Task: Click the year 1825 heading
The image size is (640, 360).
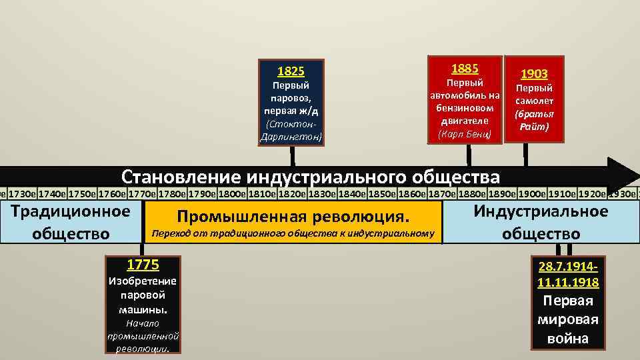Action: point(291,71)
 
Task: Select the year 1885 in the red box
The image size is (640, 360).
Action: point(465,69)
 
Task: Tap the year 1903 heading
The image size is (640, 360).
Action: point(534,73)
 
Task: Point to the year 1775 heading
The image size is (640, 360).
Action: point(143,265)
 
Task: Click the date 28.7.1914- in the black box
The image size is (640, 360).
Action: point(567,267)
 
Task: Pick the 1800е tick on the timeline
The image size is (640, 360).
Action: point(231,194)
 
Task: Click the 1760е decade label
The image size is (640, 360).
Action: point(111,194)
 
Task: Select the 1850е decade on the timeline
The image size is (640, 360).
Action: point(381,194)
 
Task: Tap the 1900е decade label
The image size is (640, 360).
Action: point(531,194)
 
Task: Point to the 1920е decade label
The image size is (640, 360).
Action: point(591,194)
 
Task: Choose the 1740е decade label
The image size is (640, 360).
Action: point(52,194)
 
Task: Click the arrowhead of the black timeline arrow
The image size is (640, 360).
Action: point(623,175)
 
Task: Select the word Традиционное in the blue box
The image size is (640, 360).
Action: point(71,212)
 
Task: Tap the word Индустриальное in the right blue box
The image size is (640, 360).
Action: point(541,212)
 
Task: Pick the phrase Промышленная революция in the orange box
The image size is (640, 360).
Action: point(291,217)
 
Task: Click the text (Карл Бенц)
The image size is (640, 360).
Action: point(465,134)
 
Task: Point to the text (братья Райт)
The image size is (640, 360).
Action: point(534,120)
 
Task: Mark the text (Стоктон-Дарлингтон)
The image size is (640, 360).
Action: point(291,131)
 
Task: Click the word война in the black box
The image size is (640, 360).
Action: point(567,338)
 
